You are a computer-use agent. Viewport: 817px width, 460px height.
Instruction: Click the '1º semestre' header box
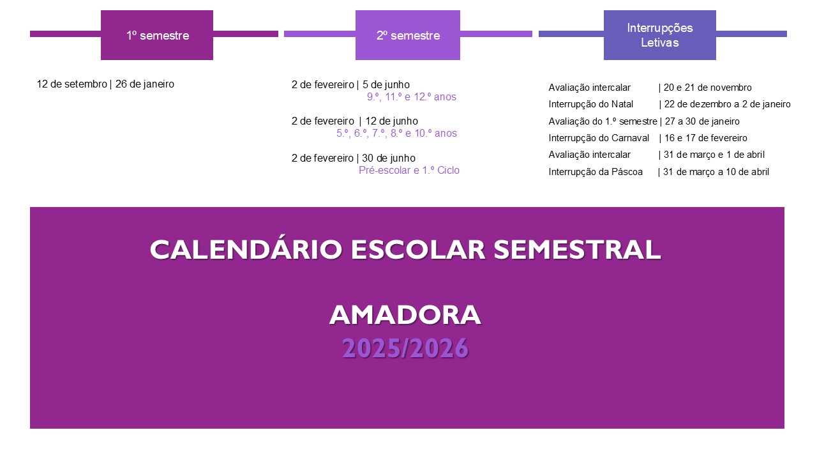click(157, 35)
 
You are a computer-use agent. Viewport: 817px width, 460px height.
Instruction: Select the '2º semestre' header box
click(408, 35)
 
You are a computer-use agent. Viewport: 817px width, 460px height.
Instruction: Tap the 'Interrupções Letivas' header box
click(660, 35)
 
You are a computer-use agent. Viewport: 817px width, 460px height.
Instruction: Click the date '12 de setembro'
click(72, 84)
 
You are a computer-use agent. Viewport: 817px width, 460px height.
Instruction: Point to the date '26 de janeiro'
click(145, 84)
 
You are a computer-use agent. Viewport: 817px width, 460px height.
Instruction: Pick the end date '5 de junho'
click(386, 85)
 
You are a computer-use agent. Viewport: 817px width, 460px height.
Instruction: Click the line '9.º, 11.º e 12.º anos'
click(412, 96)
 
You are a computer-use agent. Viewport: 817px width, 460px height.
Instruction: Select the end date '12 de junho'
click(392, 121)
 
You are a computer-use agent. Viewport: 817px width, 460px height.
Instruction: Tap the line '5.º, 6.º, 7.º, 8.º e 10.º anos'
click(396, 134)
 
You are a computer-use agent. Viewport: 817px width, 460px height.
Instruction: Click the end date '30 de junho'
click(389, 158)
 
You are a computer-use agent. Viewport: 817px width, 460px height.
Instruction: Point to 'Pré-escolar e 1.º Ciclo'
click(409, 171)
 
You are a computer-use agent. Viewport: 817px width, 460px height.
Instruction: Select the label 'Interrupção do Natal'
click(591, 104)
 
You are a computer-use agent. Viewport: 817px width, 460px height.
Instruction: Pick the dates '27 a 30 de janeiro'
click(702, 121)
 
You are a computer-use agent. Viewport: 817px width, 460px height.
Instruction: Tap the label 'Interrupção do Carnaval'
click(599, 138)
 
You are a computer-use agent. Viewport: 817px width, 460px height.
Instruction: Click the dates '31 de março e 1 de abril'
click(714, 155)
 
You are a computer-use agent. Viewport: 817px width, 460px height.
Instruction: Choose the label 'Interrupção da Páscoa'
click(596, 172)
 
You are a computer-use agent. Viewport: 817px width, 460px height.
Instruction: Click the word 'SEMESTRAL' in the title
click(577, 250)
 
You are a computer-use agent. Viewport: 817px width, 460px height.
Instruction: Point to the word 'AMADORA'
click(405, 315)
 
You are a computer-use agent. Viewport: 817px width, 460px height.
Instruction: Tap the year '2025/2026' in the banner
click(405, 348)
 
